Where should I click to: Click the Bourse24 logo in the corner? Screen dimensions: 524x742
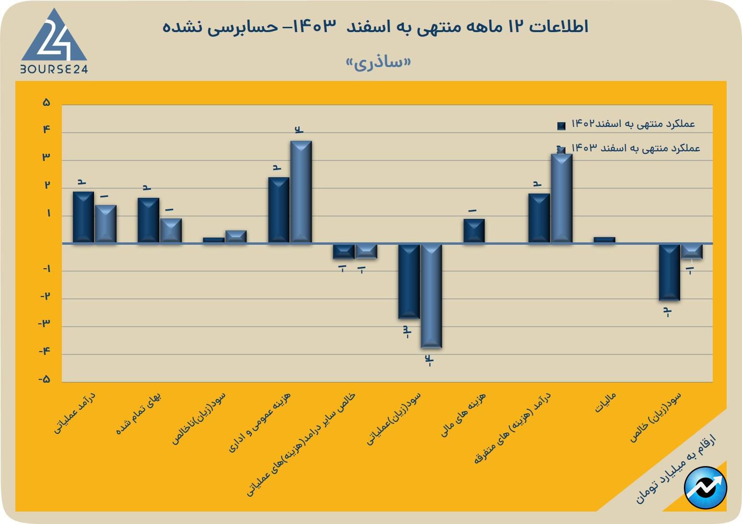tap(54, 42)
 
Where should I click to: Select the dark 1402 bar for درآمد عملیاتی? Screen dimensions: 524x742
tap(83, 217)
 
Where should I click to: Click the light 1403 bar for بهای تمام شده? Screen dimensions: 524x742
tap(171, 230)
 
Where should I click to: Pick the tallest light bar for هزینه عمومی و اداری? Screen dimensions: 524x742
tap(301, 192)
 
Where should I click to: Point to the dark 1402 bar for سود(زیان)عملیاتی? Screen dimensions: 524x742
tap(409, 281)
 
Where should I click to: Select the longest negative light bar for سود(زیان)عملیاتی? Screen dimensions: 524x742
tap(431, 296)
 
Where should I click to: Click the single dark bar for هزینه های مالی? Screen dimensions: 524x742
tap(474, 230)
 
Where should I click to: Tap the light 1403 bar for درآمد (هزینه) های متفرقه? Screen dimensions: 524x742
tap(561, 198)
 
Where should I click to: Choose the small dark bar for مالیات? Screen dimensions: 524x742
tap(604, 239)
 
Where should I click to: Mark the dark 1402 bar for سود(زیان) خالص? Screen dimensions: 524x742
tap(669, 272)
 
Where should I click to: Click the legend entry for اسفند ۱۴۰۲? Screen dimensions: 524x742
tap(628, 125)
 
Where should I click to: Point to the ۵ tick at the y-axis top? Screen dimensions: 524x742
tap(47, 103)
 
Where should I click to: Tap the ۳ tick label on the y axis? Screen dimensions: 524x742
tap(47, 157)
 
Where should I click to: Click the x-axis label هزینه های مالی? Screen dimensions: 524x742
tap(464, 414)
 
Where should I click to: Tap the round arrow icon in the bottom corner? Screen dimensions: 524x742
tap(706, 488)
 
